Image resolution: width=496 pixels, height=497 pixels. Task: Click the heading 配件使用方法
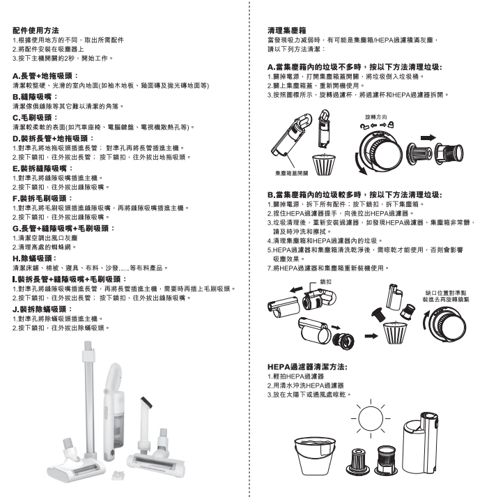[x=36, y=31]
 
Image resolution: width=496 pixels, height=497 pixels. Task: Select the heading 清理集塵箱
[x=286, y=31]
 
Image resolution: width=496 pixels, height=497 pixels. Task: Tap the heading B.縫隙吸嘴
[x=36, y=97]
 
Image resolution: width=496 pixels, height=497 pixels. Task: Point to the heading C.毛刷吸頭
[x=36, y=118]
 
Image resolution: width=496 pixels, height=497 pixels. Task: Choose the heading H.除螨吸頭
[x=35, y=259]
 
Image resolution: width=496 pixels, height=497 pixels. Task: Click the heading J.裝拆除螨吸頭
[x=42, y=309]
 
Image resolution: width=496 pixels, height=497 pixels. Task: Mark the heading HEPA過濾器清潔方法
[x=307, y=367]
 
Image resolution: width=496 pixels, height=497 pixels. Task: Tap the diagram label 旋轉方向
[x=376, y=117]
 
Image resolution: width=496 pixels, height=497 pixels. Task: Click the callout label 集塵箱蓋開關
[x=292, y=173]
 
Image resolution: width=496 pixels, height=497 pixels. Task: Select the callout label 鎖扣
[x=325, y=282]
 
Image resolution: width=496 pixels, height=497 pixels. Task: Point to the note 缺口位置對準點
[x=446, y=293]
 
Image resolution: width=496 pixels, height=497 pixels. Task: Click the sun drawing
[x=371, y=418]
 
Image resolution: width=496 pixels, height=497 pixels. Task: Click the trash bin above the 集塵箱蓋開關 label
[x=324, y=165]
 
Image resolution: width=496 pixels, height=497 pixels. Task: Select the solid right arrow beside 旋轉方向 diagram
[x=428, y=137]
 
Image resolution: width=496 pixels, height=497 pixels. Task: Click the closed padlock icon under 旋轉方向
[x=392, y=125]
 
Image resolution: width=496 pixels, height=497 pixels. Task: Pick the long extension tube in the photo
[x=87, y=396]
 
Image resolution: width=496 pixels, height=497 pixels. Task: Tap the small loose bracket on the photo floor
[x=118, y=475]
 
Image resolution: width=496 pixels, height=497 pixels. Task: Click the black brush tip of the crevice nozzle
[x=146, y=402]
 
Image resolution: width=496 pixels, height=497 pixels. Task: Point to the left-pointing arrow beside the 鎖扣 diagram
[x=297, y=289]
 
